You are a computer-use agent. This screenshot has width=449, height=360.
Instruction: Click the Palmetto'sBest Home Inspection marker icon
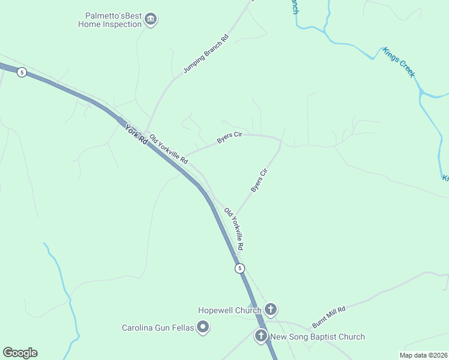(151, 20)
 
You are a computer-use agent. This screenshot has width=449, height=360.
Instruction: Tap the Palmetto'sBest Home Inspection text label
(110, 20)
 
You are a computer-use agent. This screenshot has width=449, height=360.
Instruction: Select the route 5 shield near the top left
(22, 73)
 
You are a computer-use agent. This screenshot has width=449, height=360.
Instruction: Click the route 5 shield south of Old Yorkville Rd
(240, 268)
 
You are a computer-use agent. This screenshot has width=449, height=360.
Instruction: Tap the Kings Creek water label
(399, 62)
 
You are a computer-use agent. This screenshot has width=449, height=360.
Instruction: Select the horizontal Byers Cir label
(229, 138)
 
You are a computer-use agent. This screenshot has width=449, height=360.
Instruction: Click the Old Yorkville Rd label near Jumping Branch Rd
(169, 149)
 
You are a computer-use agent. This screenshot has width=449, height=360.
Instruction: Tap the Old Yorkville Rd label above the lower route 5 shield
(234, 229)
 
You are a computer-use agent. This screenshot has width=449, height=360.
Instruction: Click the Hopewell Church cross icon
(271, 310)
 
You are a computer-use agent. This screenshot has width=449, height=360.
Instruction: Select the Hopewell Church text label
(230, 310)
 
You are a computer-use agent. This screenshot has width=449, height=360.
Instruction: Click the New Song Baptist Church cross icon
(261, 336)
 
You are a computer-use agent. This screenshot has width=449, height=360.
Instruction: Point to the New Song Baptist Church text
(318, 337)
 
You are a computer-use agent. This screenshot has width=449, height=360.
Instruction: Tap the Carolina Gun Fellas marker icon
(203, 327)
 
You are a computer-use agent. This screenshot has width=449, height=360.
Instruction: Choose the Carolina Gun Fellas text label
(158, 328)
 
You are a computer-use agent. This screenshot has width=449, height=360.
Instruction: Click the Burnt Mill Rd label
(329, 317)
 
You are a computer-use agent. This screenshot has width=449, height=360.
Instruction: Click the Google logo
(20, 353)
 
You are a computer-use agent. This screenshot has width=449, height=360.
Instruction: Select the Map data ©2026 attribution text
(423, 355)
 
